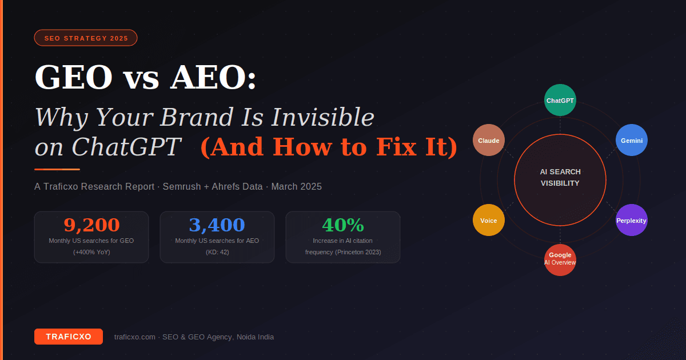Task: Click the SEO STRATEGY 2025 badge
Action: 86,38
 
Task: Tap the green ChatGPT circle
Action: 560,100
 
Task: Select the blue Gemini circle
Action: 632,140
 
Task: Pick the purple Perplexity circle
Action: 632,220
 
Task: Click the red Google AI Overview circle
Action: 560,259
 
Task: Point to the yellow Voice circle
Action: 489,220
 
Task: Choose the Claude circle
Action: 489,140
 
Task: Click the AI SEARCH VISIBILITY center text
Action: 560,178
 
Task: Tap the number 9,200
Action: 91,225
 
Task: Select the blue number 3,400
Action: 217,225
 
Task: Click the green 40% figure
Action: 343,225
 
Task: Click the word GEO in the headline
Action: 74,78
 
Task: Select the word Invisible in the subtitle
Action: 323,117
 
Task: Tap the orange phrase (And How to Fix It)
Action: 329,147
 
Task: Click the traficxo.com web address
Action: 135,337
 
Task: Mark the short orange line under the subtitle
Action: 57,169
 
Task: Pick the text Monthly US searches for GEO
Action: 91,241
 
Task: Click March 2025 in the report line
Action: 296,187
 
